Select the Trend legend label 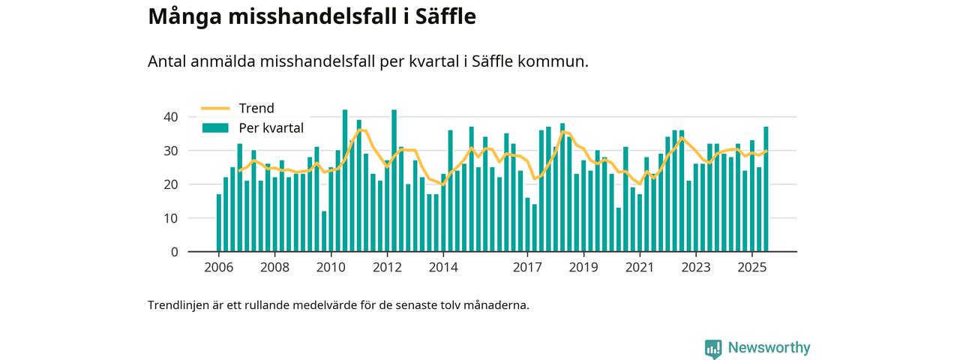(256, 108)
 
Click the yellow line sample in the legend (215, 108)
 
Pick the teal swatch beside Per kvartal (215, 128)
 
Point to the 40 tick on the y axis (171, 117)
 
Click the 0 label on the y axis (175, 252)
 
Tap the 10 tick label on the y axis (171, 218)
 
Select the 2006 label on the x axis (218, 268)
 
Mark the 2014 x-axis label (443, 268)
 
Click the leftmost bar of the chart (219, 223)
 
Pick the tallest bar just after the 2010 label (345, 181)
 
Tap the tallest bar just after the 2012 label (394, 181)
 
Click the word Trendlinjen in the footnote (177, 306)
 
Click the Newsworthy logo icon (713, 348)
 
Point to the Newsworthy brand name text (769, 348)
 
